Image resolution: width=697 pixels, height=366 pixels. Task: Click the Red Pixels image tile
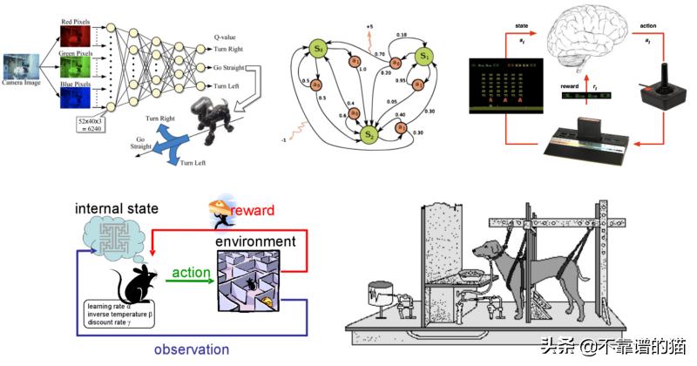(72, 37)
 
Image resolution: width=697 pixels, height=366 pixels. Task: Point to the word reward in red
(253, 210)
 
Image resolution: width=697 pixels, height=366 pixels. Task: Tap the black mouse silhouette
(134, 282)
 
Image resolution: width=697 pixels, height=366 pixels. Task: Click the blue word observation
(192, 349)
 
